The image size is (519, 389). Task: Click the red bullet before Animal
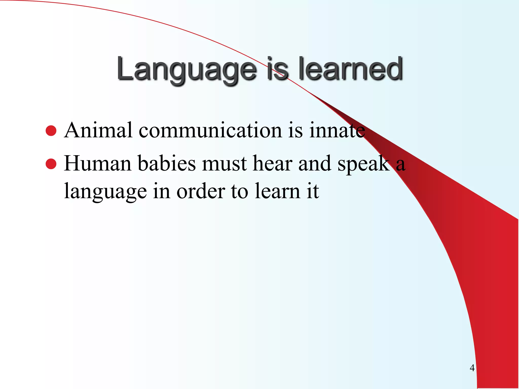pos(51,131)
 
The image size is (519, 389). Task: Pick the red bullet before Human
pos(51,164)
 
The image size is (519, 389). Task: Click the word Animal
pos(98,130)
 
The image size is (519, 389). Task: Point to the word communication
pos(210,130)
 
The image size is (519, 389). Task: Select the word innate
pos(337,130)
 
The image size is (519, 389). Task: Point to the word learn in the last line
pos(277,191)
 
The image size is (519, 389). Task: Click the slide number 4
pos(472,367)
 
